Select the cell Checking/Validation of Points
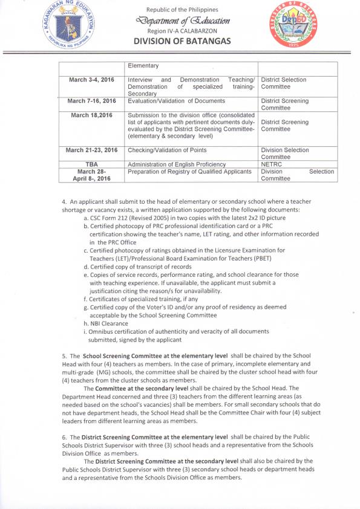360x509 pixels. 166,150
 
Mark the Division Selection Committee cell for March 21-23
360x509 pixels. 284,153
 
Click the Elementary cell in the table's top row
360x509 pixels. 143,66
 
